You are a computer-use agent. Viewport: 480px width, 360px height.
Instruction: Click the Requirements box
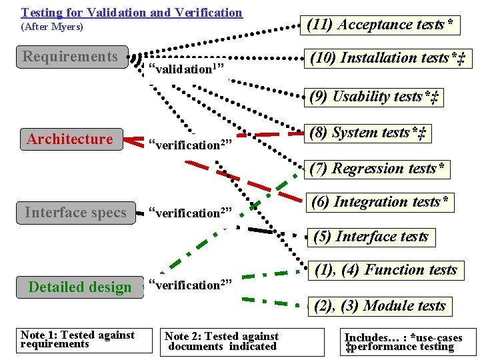pos(71,57)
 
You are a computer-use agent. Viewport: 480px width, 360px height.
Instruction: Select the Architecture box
pos(71,139)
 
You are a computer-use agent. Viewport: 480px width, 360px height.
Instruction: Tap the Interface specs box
pos(75,213)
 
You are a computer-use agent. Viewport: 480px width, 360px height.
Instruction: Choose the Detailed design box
pos(80,287)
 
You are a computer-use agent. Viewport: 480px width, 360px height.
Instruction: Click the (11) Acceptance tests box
pos(382,25)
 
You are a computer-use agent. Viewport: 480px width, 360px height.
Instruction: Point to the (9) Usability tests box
pos(375,97)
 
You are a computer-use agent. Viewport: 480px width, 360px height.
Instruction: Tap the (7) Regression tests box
pos(377,169)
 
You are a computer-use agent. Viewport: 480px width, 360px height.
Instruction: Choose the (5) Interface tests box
pos(371,237)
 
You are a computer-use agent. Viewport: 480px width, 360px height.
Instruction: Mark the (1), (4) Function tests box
pos(386,270)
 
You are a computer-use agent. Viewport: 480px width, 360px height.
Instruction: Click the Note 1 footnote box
pos(77,339)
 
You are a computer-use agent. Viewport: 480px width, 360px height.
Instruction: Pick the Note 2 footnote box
pos(221,341)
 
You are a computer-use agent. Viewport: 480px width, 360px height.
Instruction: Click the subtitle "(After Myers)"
pos(52,27)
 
